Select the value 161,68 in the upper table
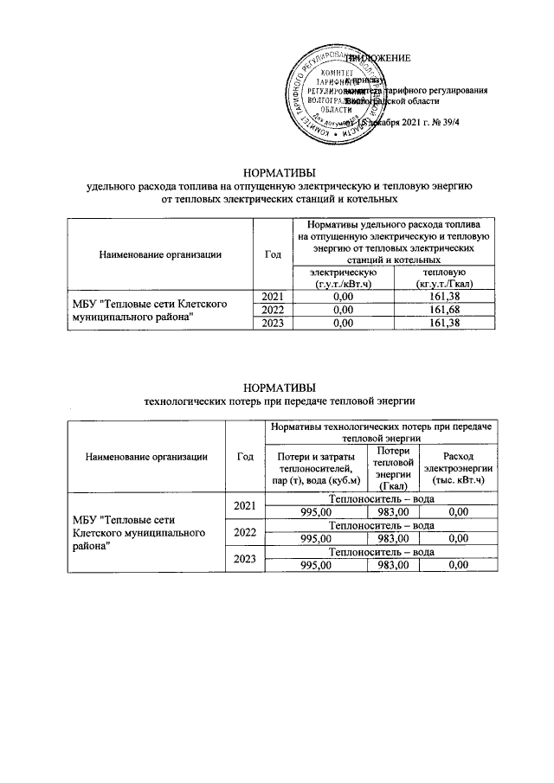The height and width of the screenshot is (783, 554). (443, 310)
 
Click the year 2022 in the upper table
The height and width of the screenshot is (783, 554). (273, 310)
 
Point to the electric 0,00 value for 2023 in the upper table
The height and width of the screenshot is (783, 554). (344, 323)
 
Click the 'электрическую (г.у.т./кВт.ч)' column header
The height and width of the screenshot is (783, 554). (344, 278)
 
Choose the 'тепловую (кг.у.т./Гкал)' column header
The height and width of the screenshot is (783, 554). (443, 278)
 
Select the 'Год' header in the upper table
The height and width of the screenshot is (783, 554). (273, 254)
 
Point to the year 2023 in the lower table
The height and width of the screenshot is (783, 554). (245, 559)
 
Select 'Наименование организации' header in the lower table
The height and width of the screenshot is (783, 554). (145, 457)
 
